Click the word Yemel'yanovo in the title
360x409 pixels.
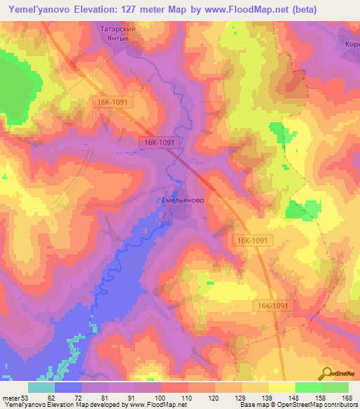coord(39,10)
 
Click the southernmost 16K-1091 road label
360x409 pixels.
coord(273,306)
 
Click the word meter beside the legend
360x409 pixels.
coord(10,398)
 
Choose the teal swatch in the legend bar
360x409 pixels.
coord(41,387)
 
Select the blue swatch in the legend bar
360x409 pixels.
coord(68,387)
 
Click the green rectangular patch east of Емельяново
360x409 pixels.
coord(302,209)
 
